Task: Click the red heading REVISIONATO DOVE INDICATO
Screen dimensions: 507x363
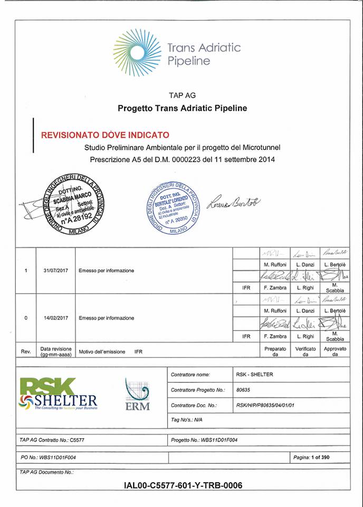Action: click(105, 135)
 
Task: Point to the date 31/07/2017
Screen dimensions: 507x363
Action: click(55, 270)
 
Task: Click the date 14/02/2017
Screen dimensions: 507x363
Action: click(55, 318)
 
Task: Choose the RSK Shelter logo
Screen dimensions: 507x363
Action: click(58, 395)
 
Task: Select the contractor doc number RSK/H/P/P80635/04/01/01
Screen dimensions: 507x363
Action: click(269, 405)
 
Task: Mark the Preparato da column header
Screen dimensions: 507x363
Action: click(275, 351)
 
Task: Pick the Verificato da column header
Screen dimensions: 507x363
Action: click(305, 351)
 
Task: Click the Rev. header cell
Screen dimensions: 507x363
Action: click(25, 351)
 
